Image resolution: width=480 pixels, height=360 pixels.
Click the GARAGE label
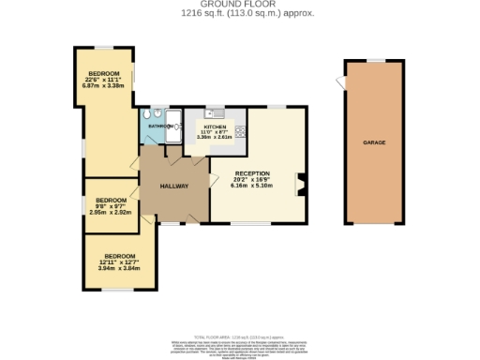coord(375,142)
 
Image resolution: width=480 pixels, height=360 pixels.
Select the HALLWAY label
coord(173,186)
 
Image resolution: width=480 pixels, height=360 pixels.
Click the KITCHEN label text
coord(217,125)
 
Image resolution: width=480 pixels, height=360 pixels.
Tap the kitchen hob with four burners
coord(241,130)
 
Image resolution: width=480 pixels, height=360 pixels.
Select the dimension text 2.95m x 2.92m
coord(109,213)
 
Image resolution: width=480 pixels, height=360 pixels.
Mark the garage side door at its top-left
coord(338,83)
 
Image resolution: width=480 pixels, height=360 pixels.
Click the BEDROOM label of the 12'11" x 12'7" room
coord(119,256)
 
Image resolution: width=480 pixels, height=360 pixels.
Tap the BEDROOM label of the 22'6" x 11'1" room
coord(104,73)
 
